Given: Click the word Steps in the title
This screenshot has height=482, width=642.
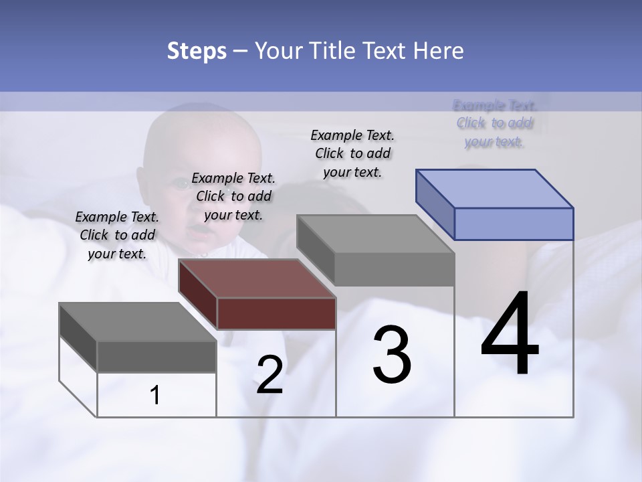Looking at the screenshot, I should [x=197, y=51].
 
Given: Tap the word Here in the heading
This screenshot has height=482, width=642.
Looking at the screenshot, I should [x=439, y=51].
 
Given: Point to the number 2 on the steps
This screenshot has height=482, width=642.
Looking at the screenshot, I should [x=270, y=375].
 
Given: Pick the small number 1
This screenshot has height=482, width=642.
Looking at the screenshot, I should [x=155, y=396].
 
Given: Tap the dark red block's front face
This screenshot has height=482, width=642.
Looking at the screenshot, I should [x=276, y=313].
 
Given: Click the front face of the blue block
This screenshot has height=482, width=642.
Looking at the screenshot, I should [x=513, y=224].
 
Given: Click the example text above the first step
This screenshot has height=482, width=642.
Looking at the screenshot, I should [x=117, y=235].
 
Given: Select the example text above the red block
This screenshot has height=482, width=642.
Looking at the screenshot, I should [x=233, y=196].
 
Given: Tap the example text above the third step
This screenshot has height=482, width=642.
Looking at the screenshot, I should [x=352, y=153].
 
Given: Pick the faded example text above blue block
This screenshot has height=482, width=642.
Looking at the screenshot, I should [x=494, y=123].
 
